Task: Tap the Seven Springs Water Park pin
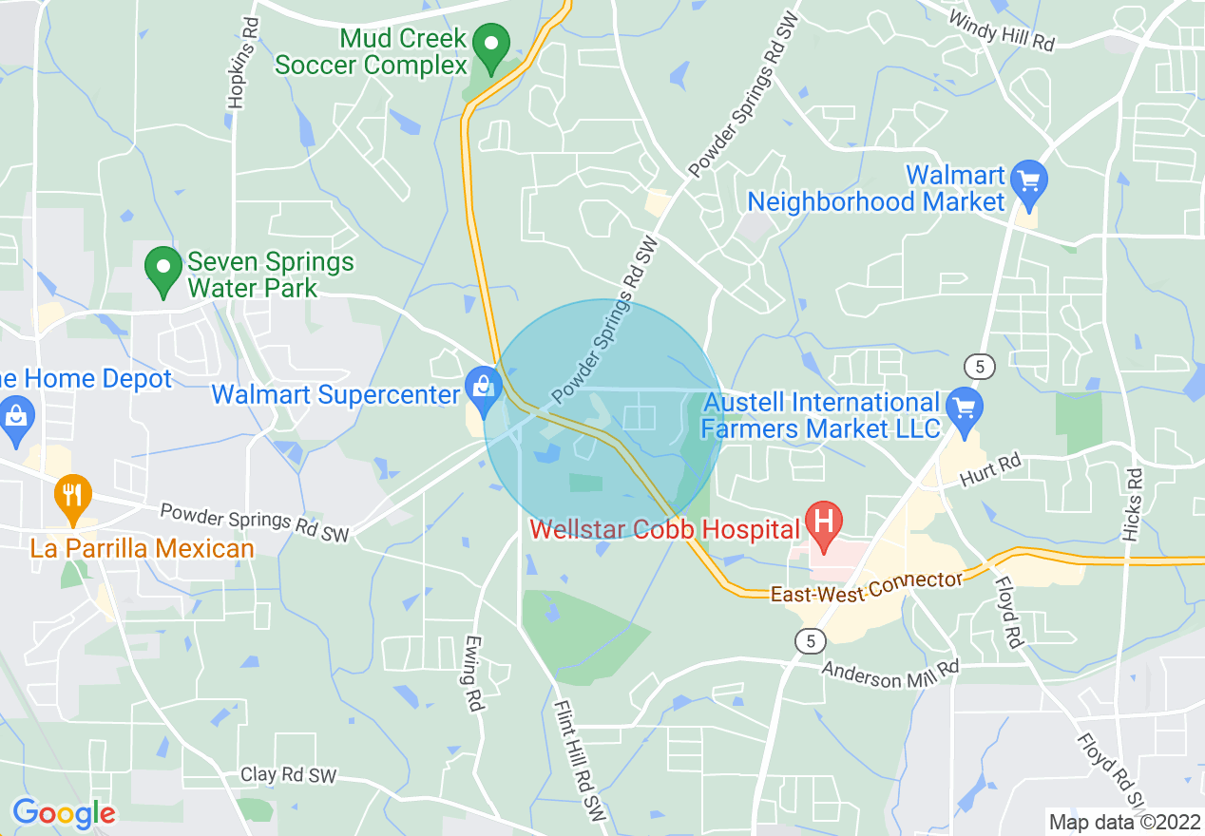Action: pos(163,269)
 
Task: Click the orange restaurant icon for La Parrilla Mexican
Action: pos(73,497)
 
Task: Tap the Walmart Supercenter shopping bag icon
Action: pos(484,390)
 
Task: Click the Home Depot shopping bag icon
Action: pos(17,419)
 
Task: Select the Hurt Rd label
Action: pos(989,471)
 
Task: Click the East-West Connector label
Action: pos(866,587)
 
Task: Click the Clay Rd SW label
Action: pos(288,775)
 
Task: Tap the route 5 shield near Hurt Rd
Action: pos(978,366)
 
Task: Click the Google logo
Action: pos(63,813)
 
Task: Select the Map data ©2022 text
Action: pos(1123,822)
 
